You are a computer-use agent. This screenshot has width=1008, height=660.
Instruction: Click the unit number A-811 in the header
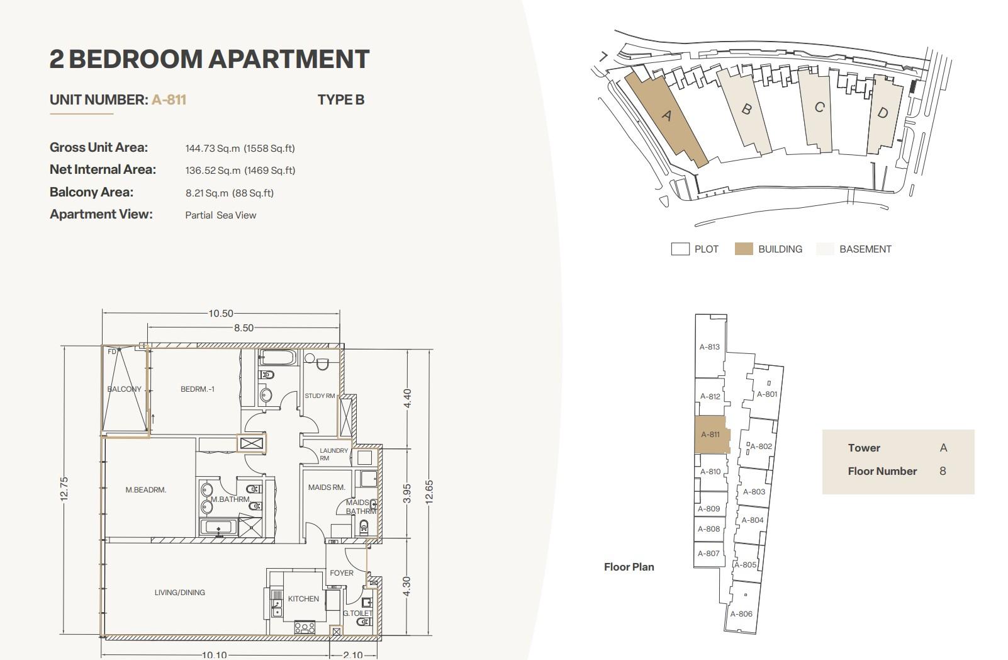coord(169,100)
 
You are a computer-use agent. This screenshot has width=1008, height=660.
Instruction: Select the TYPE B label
coord(340,100)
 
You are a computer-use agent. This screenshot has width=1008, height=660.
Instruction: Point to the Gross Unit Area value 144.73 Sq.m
coord(213,148)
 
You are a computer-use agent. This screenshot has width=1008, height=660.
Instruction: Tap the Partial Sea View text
coord(220,215)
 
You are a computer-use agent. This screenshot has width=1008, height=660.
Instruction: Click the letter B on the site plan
coord(746,109)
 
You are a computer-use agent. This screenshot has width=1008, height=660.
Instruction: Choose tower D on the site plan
coord(884,115)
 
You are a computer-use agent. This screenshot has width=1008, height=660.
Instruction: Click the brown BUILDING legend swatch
coord(743,249)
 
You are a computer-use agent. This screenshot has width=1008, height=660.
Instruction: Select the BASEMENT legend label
coord(865,249)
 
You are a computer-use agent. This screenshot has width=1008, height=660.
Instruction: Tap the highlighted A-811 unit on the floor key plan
coord(712,435)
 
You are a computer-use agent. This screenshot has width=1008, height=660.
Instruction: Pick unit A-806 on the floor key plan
coord(741,613)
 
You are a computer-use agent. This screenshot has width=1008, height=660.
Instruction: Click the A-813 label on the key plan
coord(710,347)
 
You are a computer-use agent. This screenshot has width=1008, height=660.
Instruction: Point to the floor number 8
coord(943,471)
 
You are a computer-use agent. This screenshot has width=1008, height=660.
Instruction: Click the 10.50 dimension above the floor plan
coord(221,313)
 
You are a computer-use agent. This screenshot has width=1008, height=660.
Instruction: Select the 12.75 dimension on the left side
coord(64,489)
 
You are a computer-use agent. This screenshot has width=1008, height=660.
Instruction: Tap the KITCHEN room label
coord(303,599)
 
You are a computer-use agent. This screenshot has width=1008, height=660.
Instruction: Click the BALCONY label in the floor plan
coord(124,389)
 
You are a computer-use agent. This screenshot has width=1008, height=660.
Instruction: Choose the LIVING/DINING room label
coord(179,593)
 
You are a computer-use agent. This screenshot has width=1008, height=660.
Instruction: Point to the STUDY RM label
coord(320,396)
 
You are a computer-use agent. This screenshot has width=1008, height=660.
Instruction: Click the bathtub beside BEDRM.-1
coord(277,358)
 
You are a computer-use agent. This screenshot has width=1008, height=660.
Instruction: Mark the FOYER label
coord(342,573)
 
